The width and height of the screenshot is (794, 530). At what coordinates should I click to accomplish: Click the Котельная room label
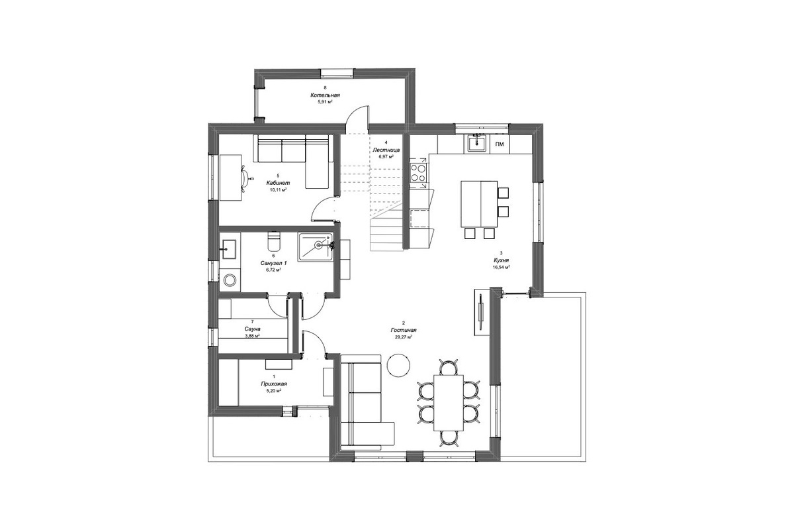tap(325, 95)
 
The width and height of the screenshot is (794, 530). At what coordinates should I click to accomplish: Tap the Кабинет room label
tap(278, 183)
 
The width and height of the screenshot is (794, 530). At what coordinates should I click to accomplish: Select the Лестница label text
tap(386, 150)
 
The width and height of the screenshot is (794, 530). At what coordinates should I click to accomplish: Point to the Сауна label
tap(252, 329)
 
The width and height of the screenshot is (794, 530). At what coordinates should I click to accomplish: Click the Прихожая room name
tap(273, 384)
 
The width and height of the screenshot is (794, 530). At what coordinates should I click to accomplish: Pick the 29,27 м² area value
tap(404, 337)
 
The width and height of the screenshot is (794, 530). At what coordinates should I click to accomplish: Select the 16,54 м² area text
tap(501, 267)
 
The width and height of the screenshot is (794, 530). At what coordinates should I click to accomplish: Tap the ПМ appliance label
tap(500, 144)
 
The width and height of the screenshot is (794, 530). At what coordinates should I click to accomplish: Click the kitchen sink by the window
tap(476, 144)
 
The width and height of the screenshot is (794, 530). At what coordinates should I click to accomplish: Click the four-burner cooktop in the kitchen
tap(419, 173)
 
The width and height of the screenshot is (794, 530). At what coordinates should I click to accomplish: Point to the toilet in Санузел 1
tap(273, 240)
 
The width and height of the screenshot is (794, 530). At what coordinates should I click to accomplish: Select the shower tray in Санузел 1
tap(315, 247)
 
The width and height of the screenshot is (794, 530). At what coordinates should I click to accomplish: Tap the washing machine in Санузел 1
tap(230, 280)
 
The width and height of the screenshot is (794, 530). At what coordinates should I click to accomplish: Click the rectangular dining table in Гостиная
tap(449, 407)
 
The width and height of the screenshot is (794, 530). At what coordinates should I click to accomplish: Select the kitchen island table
tap(479, 203)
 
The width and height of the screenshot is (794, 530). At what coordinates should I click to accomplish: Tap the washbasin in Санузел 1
tap(230, 249)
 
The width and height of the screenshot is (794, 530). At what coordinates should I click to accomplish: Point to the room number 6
tap(273, 256)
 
